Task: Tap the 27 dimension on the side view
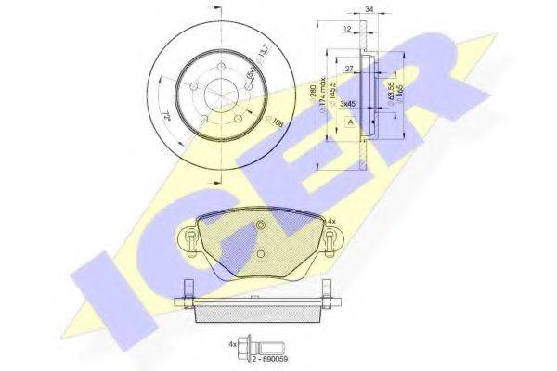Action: pos(348,68)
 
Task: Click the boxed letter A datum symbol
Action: pos(348,122)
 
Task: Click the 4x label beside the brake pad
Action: pos(332,222)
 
